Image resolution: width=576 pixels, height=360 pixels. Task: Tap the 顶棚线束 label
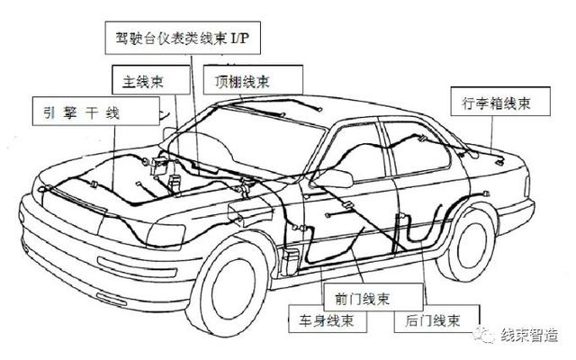click(241, 80)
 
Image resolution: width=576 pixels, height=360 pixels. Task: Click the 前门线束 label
click(356, 296)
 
